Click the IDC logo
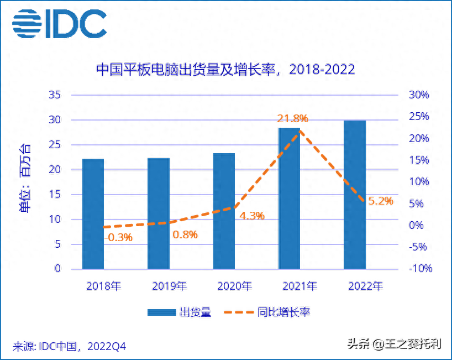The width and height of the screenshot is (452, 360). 59,23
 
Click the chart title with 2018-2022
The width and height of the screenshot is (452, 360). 225,70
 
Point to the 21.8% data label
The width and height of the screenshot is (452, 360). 292,118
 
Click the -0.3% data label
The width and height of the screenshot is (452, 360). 118,238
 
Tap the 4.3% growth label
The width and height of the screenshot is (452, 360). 251,216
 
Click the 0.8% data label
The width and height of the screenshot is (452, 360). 185,234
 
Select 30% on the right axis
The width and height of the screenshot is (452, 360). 418,95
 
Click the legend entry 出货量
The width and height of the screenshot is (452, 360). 179,312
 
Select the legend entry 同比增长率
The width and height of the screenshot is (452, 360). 267,312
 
